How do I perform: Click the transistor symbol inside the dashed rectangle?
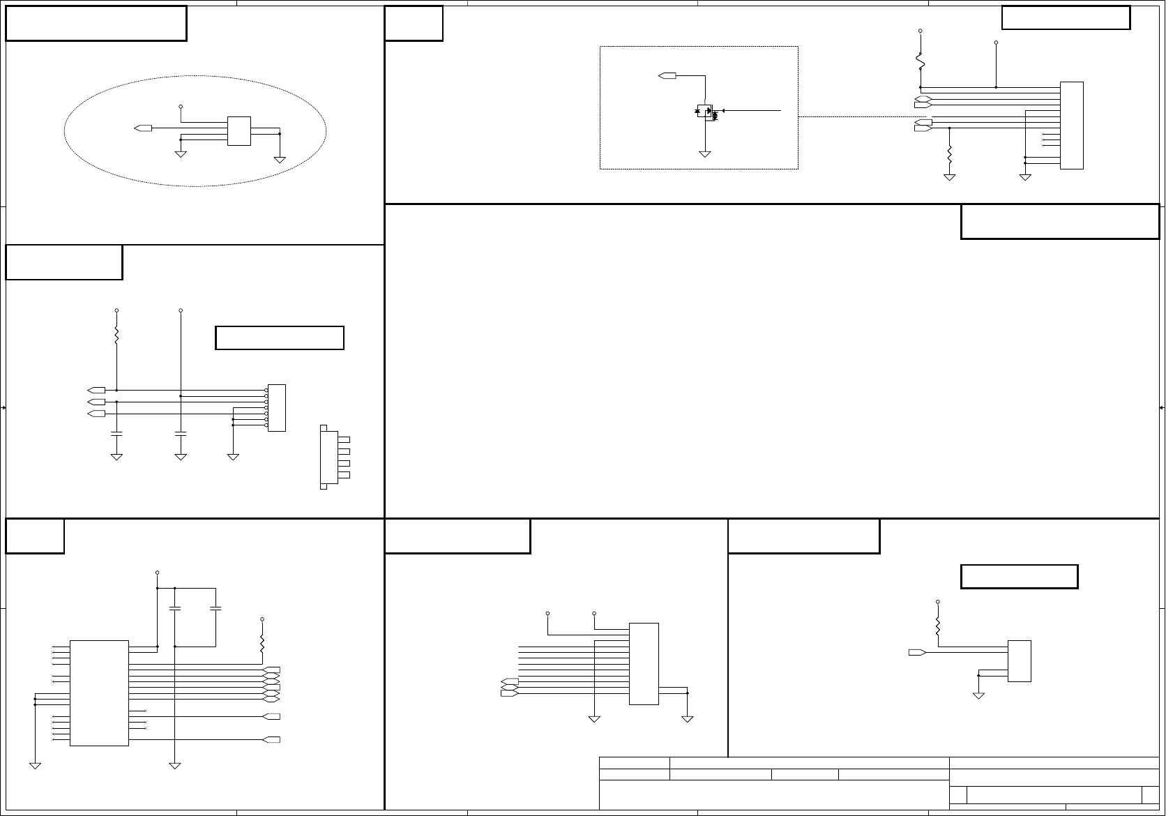click(706, 112)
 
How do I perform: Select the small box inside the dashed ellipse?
click(238, 131)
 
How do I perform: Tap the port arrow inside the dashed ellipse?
click(143, 128)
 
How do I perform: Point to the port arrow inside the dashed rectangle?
click(667, 75)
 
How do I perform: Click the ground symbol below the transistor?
click(705, 154)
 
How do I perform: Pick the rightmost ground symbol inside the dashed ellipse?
click(280, 160)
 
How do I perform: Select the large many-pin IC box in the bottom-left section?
click(99, 693)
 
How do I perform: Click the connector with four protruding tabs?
click(329, 457)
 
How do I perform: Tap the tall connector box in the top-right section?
click(1071, 126)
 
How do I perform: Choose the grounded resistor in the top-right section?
click(949, 155)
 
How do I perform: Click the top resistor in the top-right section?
click(921, 61)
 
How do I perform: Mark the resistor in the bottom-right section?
click(938, 626)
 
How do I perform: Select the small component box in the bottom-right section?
click(1019, 660)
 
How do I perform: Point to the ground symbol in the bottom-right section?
click(978, 695)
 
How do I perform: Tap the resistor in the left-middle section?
click(116, 336)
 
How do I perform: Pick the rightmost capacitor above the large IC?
click(215, 609)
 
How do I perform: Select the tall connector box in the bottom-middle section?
click(644, 664)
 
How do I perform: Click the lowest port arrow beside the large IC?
click(272, 739)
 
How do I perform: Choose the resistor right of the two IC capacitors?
click(262, 644)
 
